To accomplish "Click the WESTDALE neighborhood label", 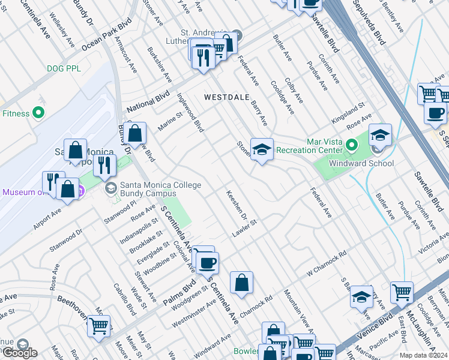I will (226, 97).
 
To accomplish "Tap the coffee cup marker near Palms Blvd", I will (208, 263).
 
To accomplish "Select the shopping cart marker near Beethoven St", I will (98, 326).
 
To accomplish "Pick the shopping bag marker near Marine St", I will (136, 133).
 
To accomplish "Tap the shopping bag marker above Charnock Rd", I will (241, 283).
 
